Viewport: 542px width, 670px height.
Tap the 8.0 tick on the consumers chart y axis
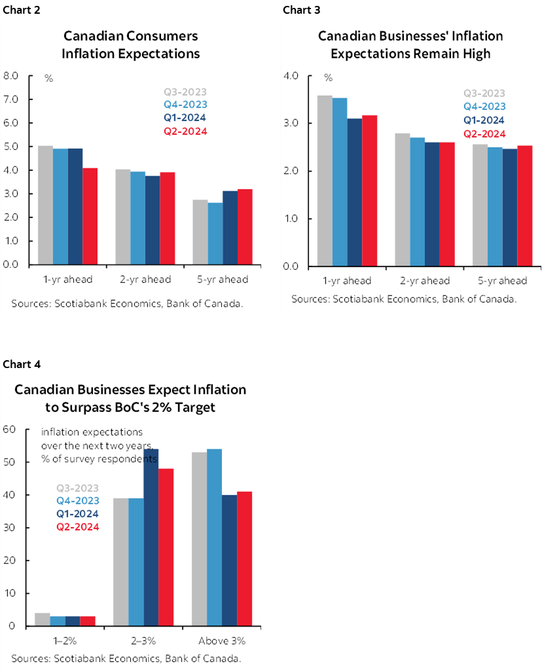pyautogui.click(x=11, y=75)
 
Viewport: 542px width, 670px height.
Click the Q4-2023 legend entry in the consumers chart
pyautogui.click(x=185, y=105)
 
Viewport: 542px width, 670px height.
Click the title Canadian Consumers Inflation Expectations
pyautogui.click(x=130, y=45)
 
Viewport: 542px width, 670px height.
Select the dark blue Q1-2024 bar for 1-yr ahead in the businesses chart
pyautogui.click(x=354, y=192)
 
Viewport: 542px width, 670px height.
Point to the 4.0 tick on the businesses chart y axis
pyautogui.click(x=291, y=76)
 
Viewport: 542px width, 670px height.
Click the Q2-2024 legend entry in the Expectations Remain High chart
pyautogui.click(x=484, y=134)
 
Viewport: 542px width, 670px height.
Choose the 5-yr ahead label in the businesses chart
pyautogui.click(x=499, y=281)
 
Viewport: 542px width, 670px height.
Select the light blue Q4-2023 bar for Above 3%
pyautogui.click(x=214, y=537)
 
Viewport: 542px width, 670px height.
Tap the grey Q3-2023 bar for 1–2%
pyautogui.click(x=42, y=619)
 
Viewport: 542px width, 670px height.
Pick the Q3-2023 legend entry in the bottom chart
pyautogui.click(x=77, y=488)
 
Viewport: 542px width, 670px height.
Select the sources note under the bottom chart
pyautogui.click(x=126, y=658)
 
